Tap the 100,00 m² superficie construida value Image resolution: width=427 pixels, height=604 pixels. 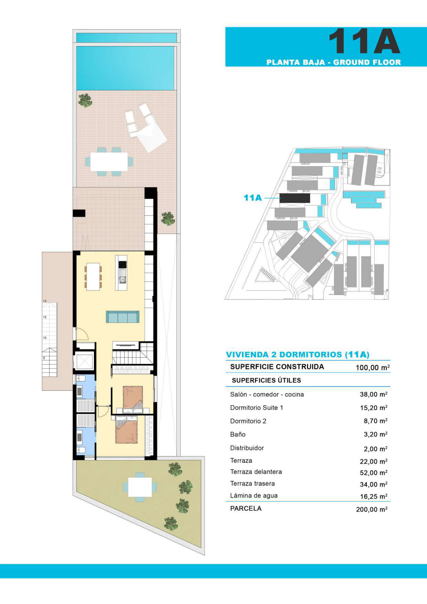[373, 367]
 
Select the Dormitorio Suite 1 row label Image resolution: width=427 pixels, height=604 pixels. [256, 408]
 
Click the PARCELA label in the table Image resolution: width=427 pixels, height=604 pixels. [246, 508]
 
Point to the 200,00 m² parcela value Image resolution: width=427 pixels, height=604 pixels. [372, 509]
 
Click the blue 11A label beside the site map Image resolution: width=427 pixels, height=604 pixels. [253, 198]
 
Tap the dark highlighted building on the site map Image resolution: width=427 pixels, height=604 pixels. [295, 198]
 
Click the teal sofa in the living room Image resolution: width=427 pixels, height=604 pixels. [123, 317]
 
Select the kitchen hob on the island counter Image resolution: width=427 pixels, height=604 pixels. [123, 264]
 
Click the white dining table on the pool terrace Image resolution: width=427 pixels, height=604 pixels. [109, 161]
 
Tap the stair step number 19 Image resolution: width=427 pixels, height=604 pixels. [45, 301]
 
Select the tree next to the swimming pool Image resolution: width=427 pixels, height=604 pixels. [85, 100]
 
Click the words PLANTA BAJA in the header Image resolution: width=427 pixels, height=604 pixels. [296, 62]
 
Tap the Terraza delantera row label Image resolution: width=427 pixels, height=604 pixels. [256, 472]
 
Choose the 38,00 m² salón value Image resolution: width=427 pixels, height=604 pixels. [374, 394]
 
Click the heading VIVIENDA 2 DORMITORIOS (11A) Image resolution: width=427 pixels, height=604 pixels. [298, 355]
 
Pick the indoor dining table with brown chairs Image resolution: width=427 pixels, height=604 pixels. [93, 277]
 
